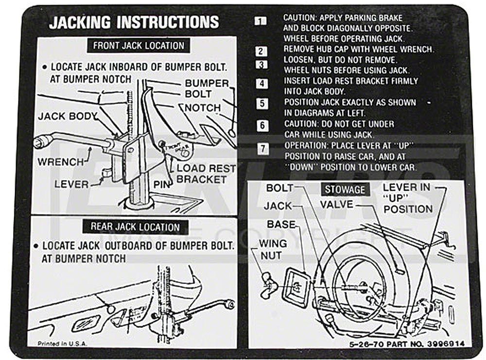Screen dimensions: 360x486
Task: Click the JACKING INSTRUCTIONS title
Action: pyautogui.click(x=134, y=22)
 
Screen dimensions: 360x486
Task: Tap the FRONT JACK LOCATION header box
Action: pyautogui.click(x=139, y=46)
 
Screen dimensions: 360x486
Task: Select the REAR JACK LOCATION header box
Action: pyautogui.click(x=135, y=227)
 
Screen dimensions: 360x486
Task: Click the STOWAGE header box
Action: pyautogui.click(x=345, y=189)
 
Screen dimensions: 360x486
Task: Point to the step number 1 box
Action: pyautogui.click(x=261, y=21)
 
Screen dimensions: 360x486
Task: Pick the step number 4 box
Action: pyautogui.click(x=262, y=83)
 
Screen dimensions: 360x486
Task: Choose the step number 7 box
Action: pyautogui.click(x=262, y=149)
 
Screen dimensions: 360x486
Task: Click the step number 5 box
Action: pyautogui.click(x=262, y=104)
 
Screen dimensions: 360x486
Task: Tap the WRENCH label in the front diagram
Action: pyautogui.click(x=61, y=161)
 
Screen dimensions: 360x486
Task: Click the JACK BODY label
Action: pyautogui.click(x=68, y=117)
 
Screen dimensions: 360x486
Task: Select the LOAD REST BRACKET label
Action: pyautogui.click(x=206, y=174)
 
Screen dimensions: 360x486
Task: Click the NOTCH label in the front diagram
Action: pyautogui.click(x=202, y=107)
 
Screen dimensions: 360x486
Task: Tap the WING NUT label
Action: pyautogui.click(x=273, y=249)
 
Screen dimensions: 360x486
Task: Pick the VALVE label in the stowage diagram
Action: pyautogui.click(x=336, y=204)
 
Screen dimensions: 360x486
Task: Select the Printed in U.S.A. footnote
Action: pyautogui.click(x=62, y=343)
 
